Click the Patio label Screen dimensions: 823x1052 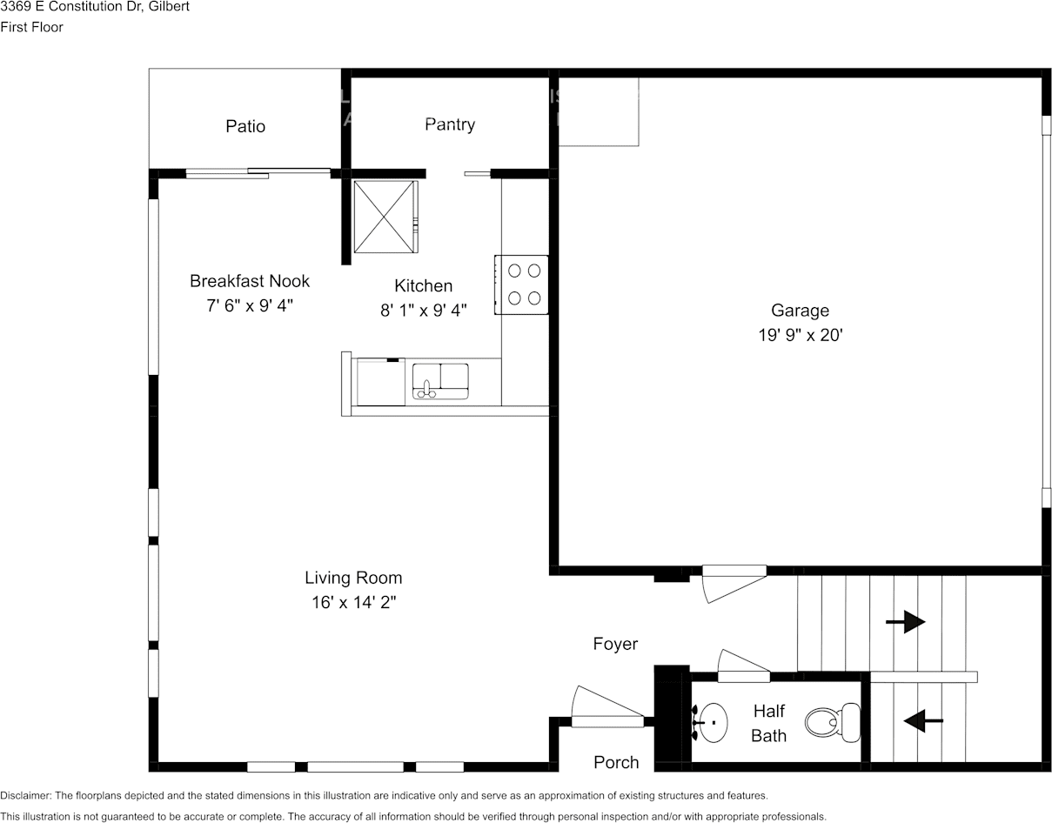[x=245, y=126]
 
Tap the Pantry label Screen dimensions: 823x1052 [x=450, y=124]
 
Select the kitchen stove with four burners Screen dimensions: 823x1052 [x=523, y=284]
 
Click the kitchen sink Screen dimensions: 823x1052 [x=439, y=381]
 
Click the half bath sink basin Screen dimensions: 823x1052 [x=713, y=722]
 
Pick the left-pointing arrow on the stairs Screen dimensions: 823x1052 [x=923, y=720]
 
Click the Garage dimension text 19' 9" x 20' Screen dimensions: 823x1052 [x=800, y=335]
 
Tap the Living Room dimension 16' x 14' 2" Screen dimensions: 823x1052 [x=353, y=602]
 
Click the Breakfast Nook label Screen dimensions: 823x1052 [x=250, y=281]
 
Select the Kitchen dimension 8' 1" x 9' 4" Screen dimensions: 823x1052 [x=424, y=310]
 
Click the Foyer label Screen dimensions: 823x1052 [x=615, y=644]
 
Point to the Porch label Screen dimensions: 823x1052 [x=616, y=762]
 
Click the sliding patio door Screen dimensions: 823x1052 [x=258, y=172]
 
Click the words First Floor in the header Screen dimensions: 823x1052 [x=31, y=27]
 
